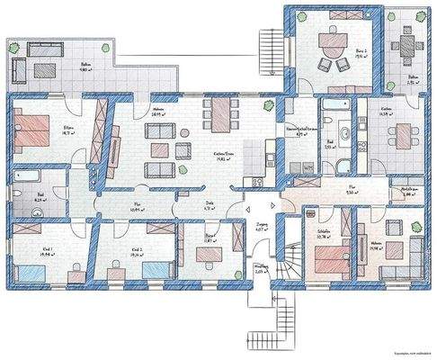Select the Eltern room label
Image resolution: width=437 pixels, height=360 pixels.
pyautogui.click(x=69, y=129)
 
